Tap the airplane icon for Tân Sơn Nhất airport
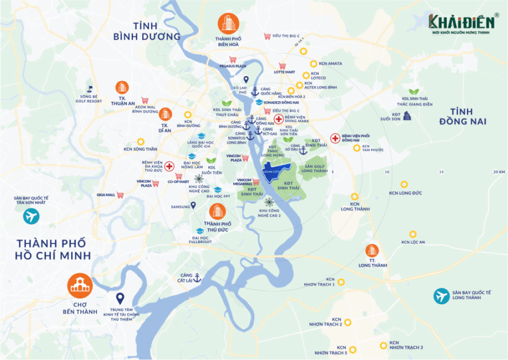pyautogui.click(x=31, y=217)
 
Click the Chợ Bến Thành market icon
pyautogui.click(x=80, y=286)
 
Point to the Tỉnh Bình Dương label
pyautogui.click(x=147, y=31)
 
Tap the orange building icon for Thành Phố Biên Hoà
pyautogui.click(x=228, y=23)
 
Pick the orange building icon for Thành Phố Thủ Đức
pyautogui.click(x=217, y=211)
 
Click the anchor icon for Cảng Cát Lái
pyautogui.click(x=197, y=277)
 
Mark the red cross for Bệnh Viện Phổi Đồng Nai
pyautogui.click(x=335, y=138)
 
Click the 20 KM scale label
pyautogui.click(x=499, y=172)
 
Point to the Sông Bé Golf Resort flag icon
pyautogui.click(x=90, y=89)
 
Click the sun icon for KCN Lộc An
pyautogui.click(x=412, y=234)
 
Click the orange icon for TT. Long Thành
pyautogui.click(x=372, y=250)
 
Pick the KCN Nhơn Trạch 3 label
pyautogui.click(x=406, y=345)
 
